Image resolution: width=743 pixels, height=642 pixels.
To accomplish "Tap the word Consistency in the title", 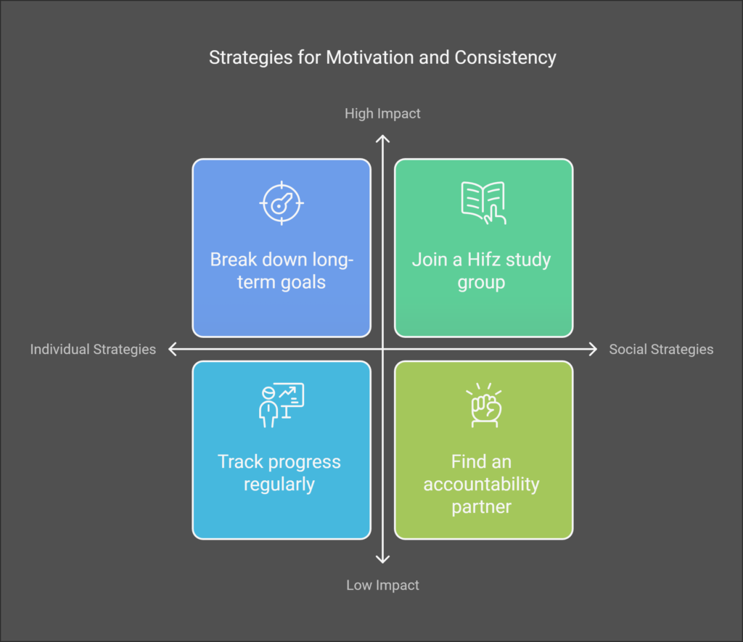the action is [x=505, y=58].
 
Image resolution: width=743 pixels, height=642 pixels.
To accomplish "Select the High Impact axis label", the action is [x=382, y=114].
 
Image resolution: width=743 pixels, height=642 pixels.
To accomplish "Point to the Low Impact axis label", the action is [x=382, y=585].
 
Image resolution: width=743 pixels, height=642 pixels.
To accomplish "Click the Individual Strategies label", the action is [x=93, y=349].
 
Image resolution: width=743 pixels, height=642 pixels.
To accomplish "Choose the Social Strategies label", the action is [x=661, y=349].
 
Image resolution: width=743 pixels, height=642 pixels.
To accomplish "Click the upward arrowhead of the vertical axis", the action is [x=382, y=139].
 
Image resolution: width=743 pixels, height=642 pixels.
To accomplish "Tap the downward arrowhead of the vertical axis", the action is [x=382, y=559].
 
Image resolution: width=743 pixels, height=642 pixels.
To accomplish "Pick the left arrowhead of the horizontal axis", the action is [x=173, y=349].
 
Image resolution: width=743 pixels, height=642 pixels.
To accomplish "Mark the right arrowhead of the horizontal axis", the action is [x=594, y=349].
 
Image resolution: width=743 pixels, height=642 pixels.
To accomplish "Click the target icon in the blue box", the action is [x=282, y=203].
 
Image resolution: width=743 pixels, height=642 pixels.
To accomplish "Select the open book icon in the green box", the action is [x=483, y=203].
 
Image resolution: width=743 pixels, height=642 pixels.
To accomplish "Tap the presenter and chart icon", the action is [x=282, y=405].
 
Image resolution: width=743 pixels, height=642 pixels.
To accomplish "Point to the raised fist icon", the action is [x=484, y=405].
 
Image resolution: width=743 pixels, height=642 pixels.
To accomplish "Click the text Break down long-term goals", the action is [x=282, y=271].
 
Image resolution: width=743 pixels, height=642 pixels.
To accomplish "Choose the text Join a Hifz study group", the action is [x=482, y=271].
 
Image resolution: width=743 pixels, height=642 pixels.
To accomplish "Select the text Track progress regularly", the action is [x=279, y=473].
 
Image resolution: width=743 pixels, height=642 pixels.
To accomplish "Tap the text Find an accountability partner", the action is [x=482, y=484].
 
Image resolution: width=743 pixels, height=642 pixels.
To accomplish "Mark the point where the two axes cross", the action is [x=382, y=349].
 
